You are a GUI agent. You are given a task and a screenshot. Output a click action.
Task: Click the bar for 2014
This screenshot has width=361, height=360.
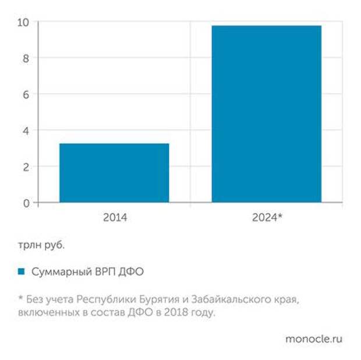click(x=114, y=173)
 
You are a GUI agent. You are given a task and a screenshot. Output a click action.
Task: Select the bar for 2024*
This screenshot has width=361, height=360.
click(x=266, y=114)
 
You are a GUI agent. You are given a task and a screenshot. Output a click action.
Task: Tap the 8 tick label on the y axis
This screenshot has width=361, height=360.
click(x=26, y=58)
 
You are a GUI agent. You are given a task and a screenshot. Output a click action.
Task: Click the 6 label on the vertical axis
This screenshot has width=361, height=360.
click(x=26, y=94)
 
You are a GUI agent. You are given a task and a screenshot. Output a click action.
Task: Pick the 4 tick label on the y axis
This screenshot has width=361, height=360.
click(x=26, y=130)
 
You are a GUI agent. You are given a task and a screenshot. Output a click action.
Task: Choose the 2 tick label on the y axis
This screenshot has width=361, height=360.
click(x=26, y=167)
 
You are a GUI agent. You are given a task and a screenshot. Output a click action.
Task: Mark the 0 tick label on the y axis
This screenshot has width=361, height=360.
click(x=26, y=203)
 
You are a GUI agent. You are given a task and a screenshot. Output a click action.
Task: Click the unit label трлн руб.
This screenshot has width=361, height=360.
click(x=40, y=245)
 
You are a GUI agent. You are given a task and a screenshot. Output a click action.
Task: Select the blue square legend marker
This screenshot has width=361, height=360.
click(x=22, y=272)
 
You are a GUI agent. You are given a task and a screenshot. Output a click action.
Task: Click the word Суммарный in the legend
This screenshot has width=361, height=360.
click(x=57, y=272)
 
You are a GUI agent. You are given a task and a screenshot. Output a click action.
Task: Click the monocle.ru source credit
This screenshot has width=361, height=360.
click(x=313, y=339)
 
